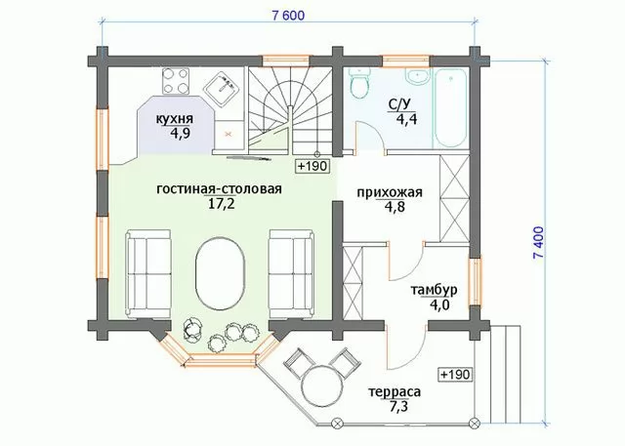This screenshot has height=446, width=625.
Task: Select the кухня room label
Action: (x=174, y=118)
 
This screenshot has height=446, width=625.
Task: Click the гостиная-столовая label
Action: (x=219, y=188)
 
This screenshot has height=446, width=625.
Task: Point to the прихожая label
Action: (x=389, y=192)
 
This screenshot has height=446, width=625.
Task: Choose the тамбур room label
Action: (x=434, y=290)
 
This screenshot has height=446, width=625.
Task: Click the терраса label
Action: (x=395, y=391)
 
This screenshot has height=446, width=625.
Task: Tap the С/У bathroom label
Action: (x=399, y=104)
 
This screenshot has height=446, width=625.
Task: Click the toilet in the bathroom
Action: (x=360, y=83)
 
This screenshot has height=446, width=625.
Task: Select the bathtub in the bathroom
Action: (x=450, y=108)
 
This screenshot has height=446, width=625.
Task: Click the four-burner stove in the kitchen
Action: (x=175, y=81)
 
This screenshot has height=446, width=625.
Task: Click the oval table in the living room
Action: (x=219, y=273)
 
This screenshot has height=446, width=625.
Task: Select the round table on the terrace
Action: (x=321, y=385)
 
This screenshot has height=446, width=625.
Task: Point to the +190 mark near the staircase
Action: (x=312, y=166)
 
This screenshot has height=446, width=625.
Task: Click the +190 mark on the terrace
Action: (x=456, y=375)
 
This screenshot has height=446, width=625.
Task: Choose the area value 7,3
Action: (x=397, y=407)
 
